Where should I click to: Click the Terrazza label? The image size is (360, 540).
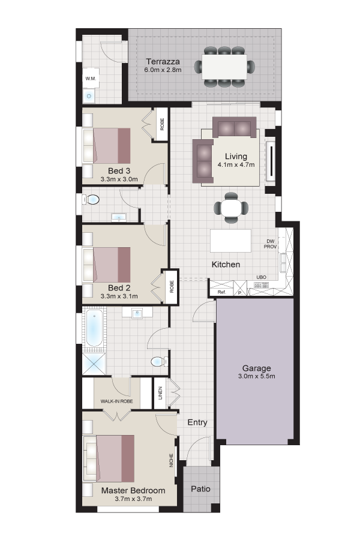pos(163,62)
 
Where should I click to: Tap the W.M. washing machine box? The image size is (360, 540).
pos(91,78)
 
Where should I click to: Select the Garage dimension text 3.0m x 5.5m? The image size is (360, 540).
pos(257,376)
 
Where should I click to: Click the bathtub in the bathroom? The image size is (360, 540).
pos(94,328)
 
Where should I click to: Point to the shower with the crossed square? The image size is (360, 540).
pos(94,364)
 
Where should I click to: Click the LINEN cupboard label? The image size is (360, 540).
pos(160,393)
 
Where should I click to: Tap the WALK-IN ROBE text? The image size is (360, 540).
pos(116,401)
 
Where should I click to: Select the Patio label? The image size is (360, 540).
pos(200,488)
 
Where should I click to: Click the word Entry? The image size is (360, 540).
pos(197,422)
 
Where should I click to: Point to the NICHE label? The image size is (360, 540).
pos(171,460)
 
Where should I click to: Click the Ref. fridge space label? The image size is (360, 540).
pos(221,292)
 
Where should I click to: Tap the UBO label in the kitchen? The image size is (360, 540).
pos(261,277)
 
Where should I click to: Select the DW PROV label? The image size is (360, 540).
pos(270,244)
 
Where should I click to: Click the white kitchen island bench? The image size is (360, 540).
pos(231,241)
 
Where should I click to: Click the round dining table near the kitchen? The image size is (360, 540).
pos(231,208)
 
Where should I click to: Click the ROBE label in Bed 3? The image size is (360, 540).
pos(162,124)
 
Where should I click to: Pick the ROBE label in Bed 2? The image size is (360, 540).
pos(172,287)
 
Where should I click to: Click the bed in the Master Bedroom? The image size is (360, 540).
pos(109,458)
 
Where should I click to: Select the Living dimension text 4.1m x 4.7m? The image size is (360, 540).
pos(236,164)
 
